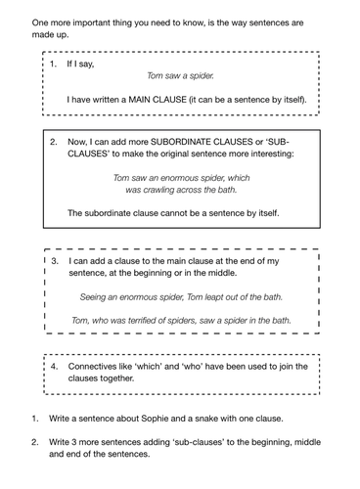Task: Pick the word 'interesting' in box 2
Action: [x=267, y=155]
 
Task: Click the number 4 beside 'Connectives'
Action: [x=55, y=367]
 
